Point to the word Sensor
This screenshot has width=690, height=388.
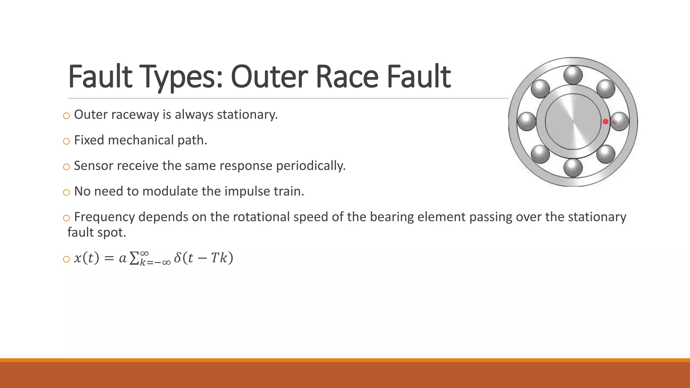pyautogui.click(x=93, y=166)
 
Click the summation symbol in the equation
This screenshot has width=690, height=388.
pyautogui.click(x=134, y=259)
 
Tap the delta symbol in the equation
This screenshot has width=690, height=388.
pyautogui.click(x=178, y=258)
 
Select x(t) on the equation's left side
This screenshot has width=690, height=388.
pyautogui.click(x=87, y=258)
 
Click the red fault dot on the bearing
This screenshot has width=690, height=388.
pyautogui.click(x=605, y=122)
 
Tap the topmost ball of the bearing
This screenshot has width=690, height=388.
pyautogui.click(x=573, y=75)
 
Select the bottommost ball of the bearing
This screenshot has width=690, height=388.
pyautogui.click(x=573, y=168)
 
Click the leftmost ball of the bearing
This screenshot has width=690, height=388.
pyautogui.click(x=527, y=121)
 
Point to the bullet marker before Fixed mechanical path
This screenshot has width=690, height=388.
pyautogui.click(x=66, y=141)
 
